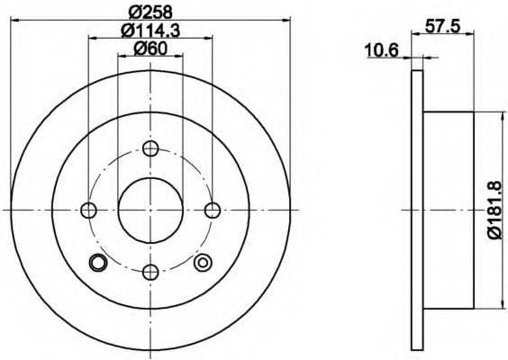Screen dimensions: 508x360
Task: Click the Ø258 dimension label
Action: coord(150,13)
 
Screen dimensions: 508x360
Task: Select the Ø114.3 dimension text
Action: coord(150,31)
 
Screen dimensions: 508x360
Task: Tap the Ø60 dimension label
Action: coord(150,49)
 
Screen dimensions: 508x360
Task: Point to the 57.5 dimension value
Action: coord(442,26)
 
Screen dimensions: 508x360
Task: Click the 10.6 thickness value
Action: coord(381,50)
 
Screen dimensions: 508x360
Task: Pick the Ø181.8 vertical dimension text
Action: coord(494,210)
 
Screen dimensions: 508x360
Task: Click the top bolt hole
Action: coord(150,148)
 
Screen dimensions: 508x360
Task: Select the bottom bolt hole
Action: coord(150,272)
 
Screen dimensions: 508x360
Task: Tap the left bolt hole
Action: coord(88,210)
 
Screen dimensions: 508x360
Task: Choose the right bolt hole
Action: coord(213,210)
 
